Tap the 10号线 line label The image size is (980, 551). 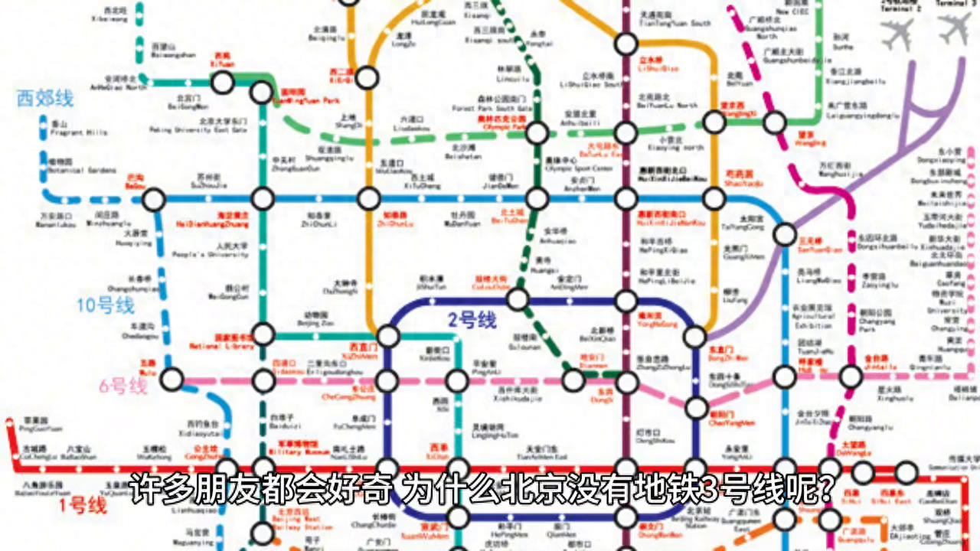point(106,306)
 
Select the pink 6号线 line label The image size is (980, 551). point(122,386)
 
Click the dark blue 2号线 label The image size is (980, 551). point(472,321)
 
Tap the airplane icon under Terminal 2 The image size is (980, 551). point(897,34)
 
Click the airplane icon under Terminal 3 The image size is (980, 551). point(954,29)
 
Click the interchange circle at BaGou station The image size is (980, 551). point(154,200)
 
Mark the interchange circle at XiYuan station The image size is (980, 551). point(222,83)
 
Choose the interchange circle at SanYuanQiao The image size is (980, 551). point(785,234)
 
